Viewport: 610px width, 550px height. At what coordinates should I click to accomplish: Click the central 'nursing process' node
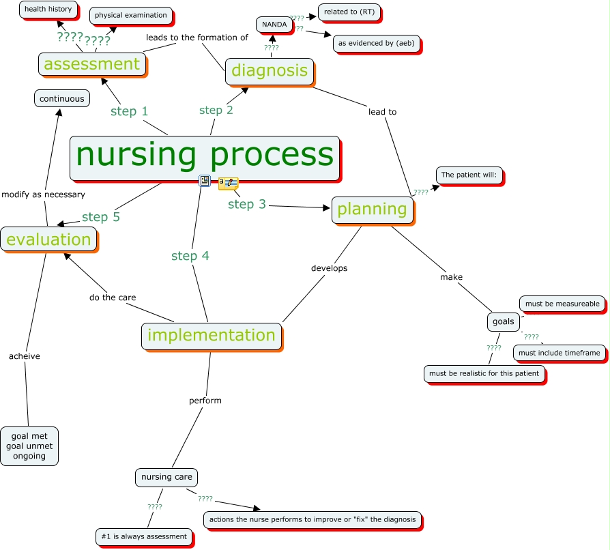click(x=205, y=158)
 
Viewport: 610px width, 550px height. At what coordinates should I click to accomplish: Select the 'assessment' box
click(x=91, y=64)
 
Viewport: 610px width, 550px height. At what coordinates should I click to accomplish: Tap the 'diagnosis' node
click(x=270, y=70)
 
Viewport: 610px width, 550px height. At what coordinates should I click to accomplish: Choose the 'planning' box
click(x=373, y=209)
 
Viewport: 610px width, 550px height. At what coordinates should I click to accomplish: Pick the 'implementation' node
click(x=212, y=335)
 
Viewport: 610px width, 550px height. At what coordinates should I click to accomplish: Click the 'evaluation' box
click(x=48, y=240)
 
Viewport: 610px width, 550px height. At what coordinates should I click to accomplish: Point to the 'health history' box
click(x=48, y=10)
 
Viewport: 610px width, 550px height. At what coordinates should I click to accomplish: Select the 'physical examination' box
click(x=130, y=15)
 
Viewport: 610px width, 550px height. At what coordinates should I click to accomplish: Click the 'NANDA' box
click(x=274, y=25)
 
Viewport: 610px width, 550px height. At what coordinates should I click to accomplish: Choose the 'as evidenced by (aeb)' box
click(x=376, y=43)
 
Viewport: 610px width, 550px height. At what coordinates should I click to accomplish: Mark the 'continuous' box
click(x=61, y=99)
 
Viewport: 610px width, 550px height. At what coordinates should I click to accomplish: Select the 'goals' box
click(x=503, y=321)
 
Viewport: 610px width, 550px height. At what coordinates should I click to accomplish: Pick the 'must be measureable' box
click(x=562, y=304)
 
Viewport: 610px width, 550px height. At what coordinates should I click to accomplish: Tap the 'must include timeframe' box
click(x=559, y=353)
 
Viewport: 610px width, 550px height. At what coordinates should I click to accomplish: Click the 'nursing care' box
click(x=166, y=477)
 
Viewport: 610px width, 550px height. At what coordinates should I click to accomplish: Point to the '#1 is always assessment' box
click(x=143, y=536)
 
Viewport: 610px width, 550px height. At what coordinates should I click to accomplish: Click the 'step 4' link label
click(x=190, y=256)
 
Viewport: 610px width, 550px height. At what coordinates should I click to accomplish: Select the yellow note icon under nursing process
click(x=228, y=183)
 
